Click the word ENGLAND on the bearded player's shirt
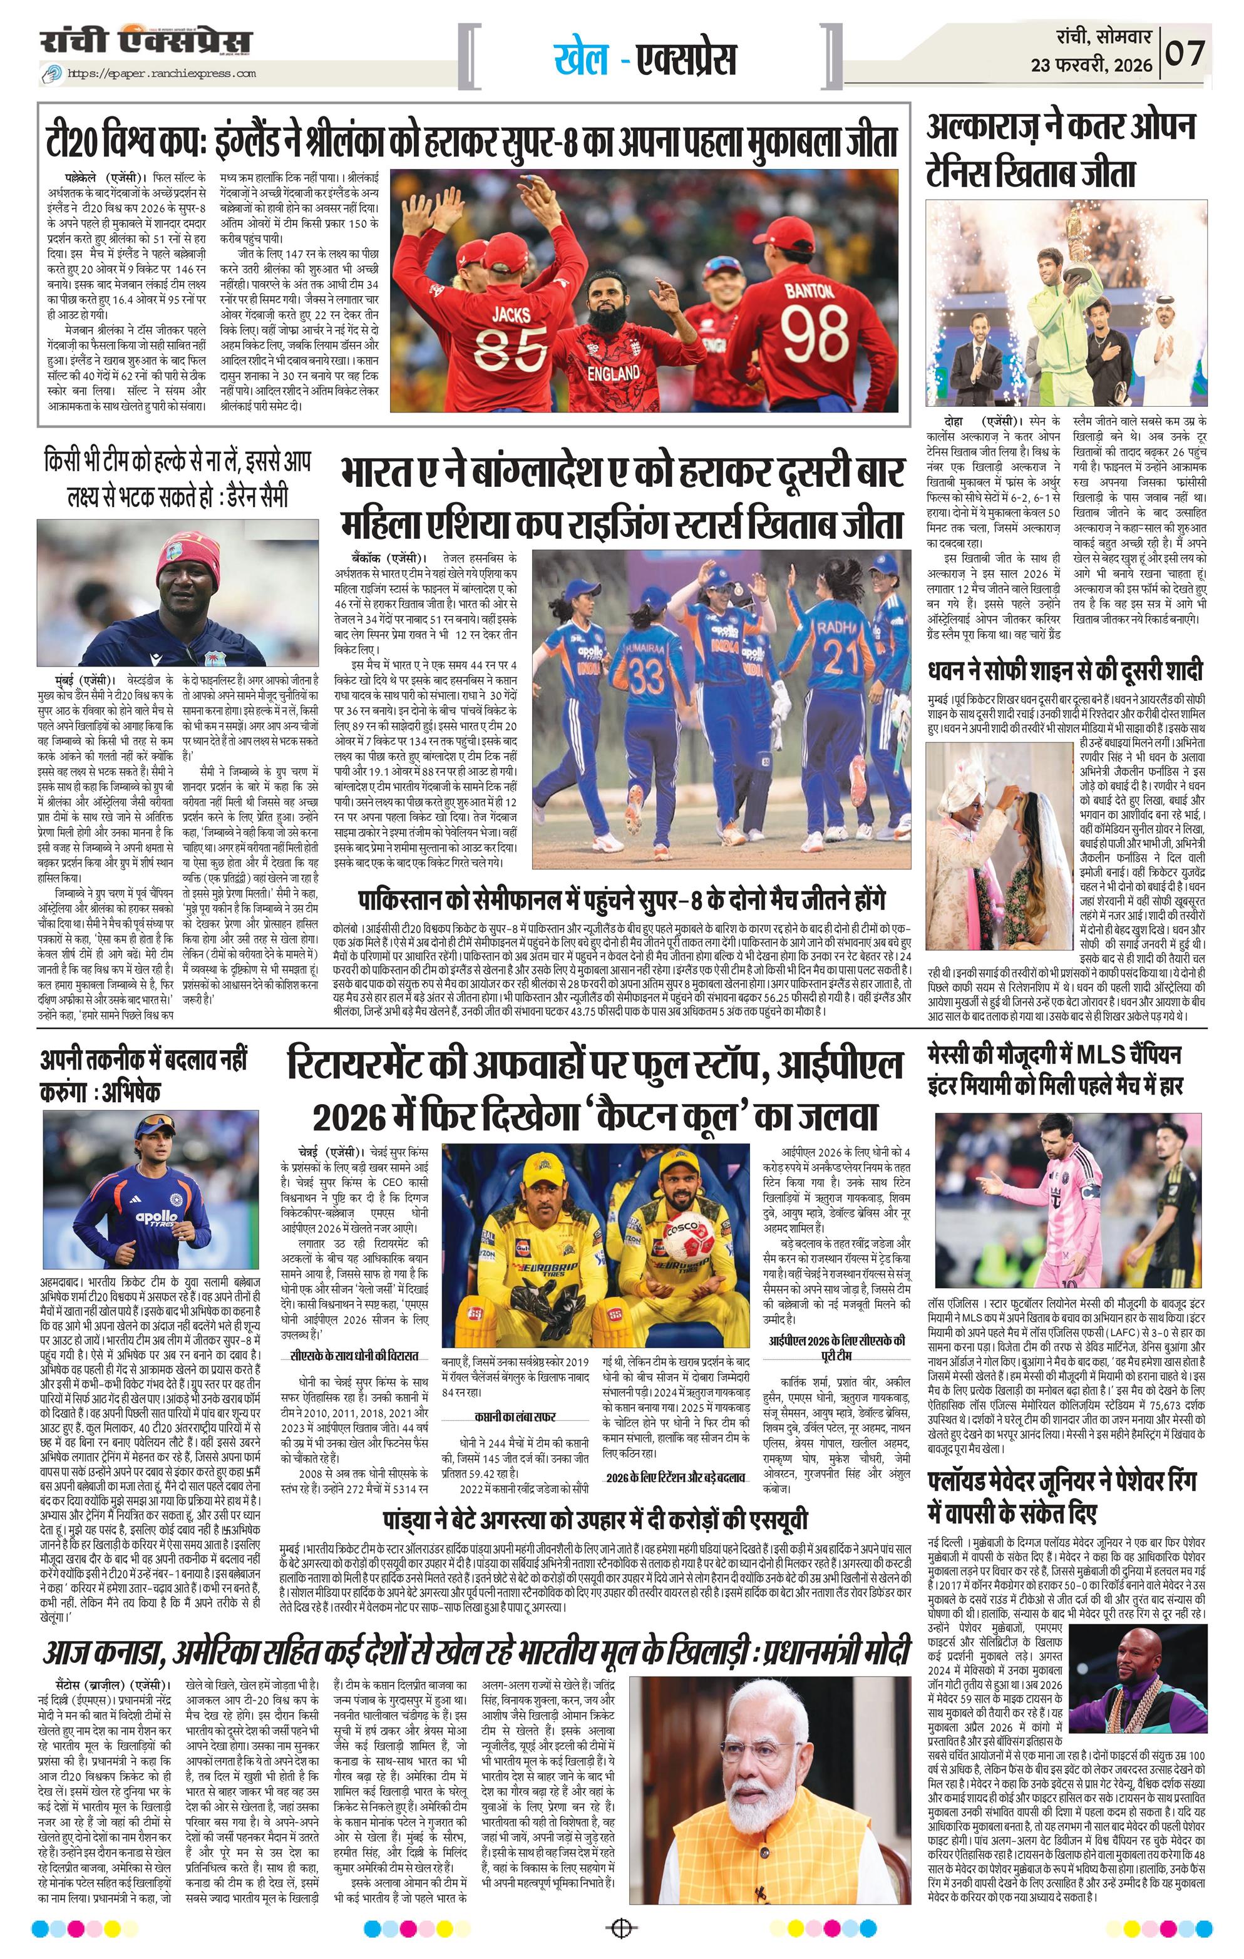pos(614,374)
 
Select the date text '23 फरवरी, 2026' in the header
pos(1092,65)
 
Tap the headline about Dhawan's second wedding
pos(1066,670)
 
